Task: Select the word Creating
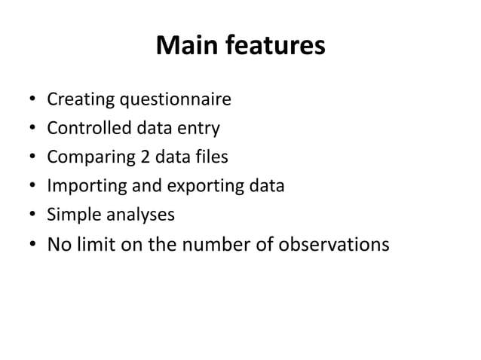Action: coord(77,99)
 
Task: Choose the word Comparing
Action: coord(84,157)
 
